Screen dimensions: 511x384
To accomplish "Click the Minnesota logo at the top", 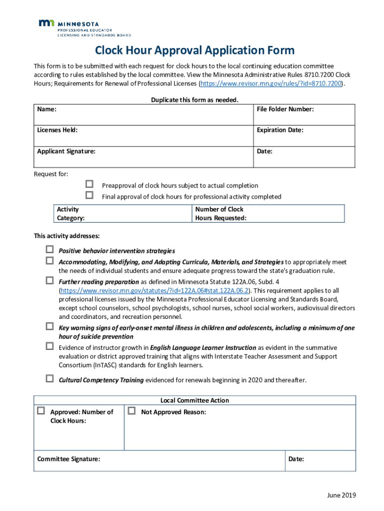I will (84, 28).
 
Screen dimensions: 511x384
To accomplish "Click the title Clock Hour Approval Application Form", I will (194, 50).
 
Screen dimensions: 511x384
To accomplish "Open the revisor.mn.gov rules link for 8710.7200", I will (271, 84).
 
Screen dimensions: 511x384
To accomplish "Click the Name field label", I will (46, 109).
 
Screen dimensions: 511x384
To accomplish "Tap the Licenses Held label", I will (57, 130).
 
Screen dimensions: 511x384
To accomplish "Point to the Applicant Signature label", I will (66, 151).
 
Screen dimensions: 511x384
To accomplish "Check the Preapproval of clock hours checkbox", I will (90, 185).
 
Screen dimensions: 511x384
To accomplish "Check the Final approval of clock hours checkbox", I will (90, 195).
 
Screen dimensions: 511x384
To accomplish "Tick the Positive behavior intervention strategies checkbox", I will (50, 250).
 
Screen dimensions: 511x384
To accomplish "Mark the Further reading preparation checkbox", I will (50, 280).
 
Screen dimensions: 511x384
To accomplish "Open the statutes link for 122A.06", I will (154, 290).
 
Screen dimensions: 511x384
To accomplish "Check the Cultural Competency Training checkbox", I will (50, 379).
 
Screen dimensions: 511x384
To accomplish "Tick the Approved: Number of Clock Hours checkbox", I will (41, 411).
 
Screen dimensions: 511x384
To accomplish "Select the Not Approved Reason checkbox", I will (132, 411).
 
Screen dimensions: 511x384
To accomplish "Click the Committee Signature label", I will (68, 459).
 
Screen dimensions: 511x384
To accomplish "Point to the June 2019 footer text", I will (341, 496).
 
